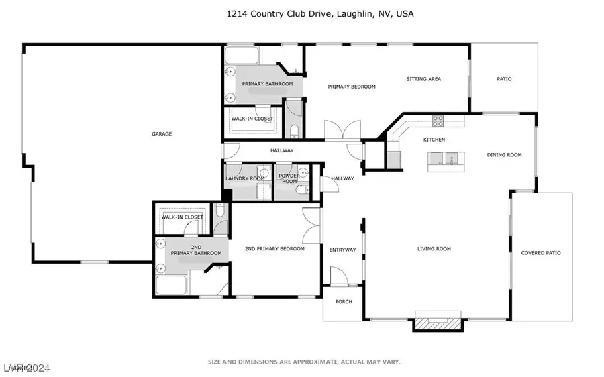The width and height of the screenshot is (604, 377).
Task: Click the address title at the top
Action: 301,13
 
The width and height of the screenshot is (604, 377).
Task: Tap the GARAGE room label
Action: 162,134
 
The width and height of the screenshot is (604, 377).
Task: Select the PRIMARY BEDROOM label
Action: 351,87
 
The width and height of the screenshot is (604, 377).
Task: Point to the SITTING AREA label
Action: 423,79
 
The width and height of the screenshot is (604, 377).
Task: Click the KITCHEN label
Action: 434,140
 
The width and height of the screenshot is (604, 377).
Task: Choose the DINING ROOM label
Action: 504,155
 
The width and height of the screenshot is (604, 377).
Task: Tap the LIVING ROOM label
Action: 434,249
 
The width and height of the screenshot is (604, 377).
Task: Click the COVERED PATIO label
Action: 541,253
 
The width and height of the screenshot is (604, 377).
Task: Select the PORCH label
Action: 343,302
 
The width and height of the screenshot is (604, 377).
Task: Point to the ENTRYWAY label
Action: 342,250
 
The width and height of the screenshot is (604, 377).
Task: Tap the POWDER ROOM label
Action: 289,179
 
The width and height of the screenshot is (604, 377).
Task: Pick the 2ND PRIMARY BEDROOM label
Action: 274,249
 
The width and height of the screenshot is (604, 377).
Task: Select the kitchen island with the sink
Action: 446,159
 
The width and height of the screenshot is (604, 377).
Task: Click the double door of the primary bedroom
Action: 338,129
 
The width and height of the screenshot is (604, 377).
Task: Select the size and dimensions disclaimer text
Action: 304,362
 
